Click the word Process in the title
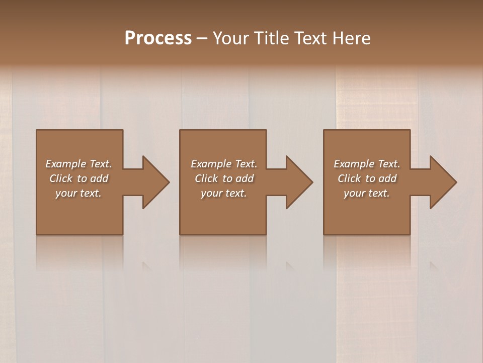(x=158, y=38)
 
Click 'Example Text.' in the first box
(x=78, y=164)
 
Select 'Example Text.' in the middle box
(x=224, y=164)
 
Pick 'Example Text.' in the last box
(x=367, y=164)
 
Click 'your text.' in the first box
(x=78, y=193)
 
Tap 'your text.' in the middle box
(x=224, y=193)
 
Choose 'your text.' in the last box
(x=367, y=193)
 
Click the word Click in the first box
(x=61, y=178)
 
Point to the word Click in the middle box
(x=206, y=178)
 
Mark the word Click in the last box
(x=349, y=178)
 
